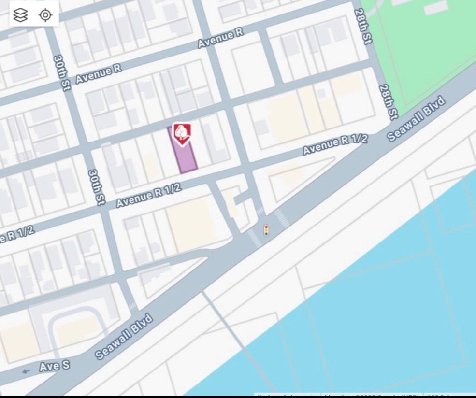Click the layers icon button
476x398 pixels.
coord(20,15)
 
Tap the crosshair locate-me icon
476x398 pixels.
coord(45,15)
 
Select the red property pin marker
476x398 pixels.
coord(182,133)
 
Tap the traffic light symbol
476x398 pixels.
coord(266,230)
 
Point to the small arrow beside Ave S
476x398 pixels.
coord(26,371)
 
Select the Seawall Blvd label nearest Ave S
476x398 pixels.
coord(124,337)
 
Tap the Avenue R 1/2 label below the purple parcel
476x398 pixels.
coord(149,195)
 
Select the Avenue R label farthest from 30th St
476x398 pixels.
coord(220,38)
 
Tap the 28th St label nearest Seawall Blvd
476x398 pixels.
coord(388,102)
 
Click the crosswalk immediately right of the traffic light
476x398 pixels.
coord(282,218)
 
